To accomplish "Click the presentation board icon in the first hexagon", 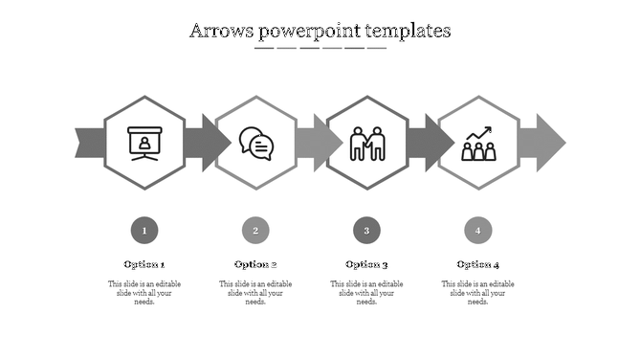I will coord(144,143).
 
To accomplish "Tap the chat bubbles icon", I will coord(255,143).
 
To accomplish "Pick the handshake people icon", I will coord(366,143).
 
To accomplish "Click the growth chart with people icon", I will coord(477,143).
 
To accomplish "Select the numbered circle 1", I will coord(144,230).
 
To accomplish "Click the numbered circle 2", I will coord(255,230).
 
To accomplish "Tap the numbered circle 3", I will coord(366,230).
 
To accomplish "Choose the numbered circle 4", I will coord(477,230).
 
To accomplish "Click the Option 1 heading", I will coord(144,264).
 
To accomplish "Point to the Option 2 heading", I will coord(255,264).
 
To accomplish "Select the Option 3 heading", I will coord(366,264).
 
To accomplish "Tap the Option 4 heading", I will coord(477,264).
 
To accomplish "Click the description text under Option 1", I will coord(144,293).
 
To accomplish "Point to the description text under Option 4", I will coord(477,293).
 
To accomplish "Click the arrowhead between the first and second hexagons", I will coord(214,143).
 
